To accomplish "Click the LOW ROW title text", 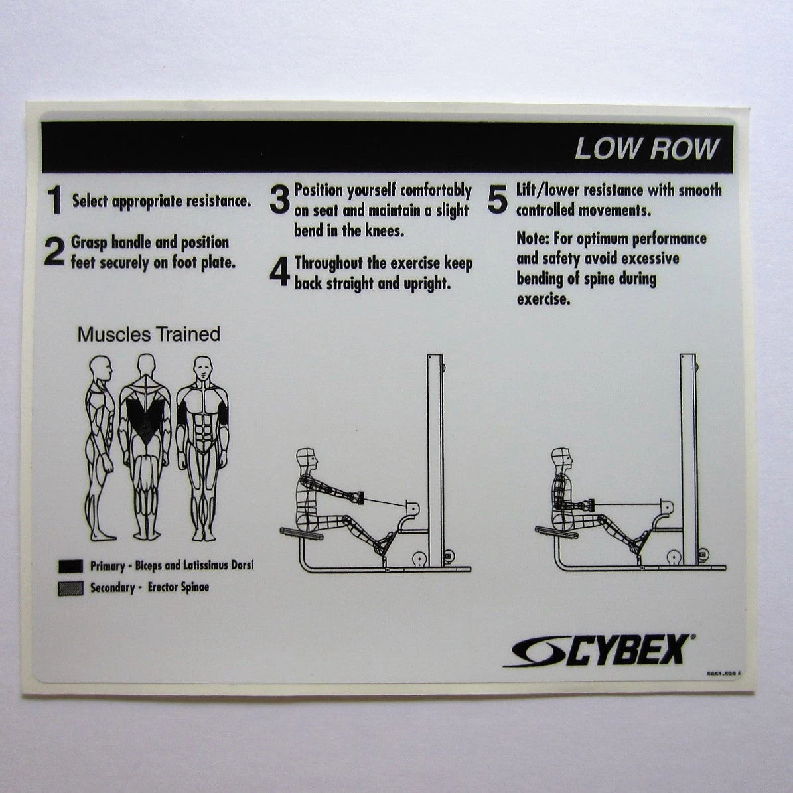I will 646,148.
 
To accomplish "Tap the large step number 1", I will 54,200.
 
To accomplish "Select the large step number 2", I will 54,252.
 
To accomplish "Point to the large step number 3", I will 279,200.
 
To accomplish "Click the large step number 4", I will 279,272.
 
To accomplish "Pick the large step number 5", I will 497,200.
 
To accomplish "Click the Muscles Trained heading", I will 149,334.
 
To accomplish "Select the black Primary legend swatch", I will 70,566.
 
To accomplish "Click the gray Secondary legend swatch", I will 70,587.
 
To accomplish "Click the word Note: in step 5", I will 534,239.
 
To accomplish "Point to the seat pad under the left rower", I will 301,533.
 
